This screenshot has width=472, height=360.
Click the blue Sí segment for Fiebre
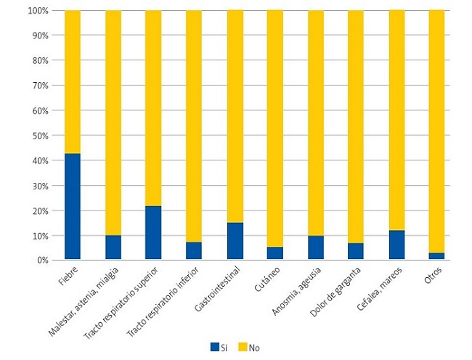[x=73, y=206]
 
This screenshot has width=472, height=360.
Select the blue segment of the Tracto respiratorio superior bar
[x=153, y=232]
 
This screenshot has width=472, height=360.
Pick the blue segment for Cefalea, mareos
[x=396, y=245]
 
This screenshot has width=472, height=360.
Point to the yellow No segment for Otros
[x=436, y=131]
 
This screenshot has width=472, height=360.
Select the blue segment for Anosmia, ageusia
[x=316, y=247]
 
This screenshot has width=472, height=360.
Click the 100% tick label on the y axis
[x=38, y=11]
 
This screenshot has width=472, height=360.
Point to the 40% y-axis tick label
[x=40, y=160]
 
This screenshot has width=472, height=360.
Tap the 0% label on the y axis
[x=42, y=260]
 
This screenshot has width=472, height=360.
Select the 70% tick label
[x=40, y=86]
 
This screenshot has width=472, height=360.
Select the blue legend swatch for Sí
[x=214, y=347]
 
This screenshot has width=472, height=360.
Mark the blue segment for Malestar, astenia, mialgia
[x=113, y=247]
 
